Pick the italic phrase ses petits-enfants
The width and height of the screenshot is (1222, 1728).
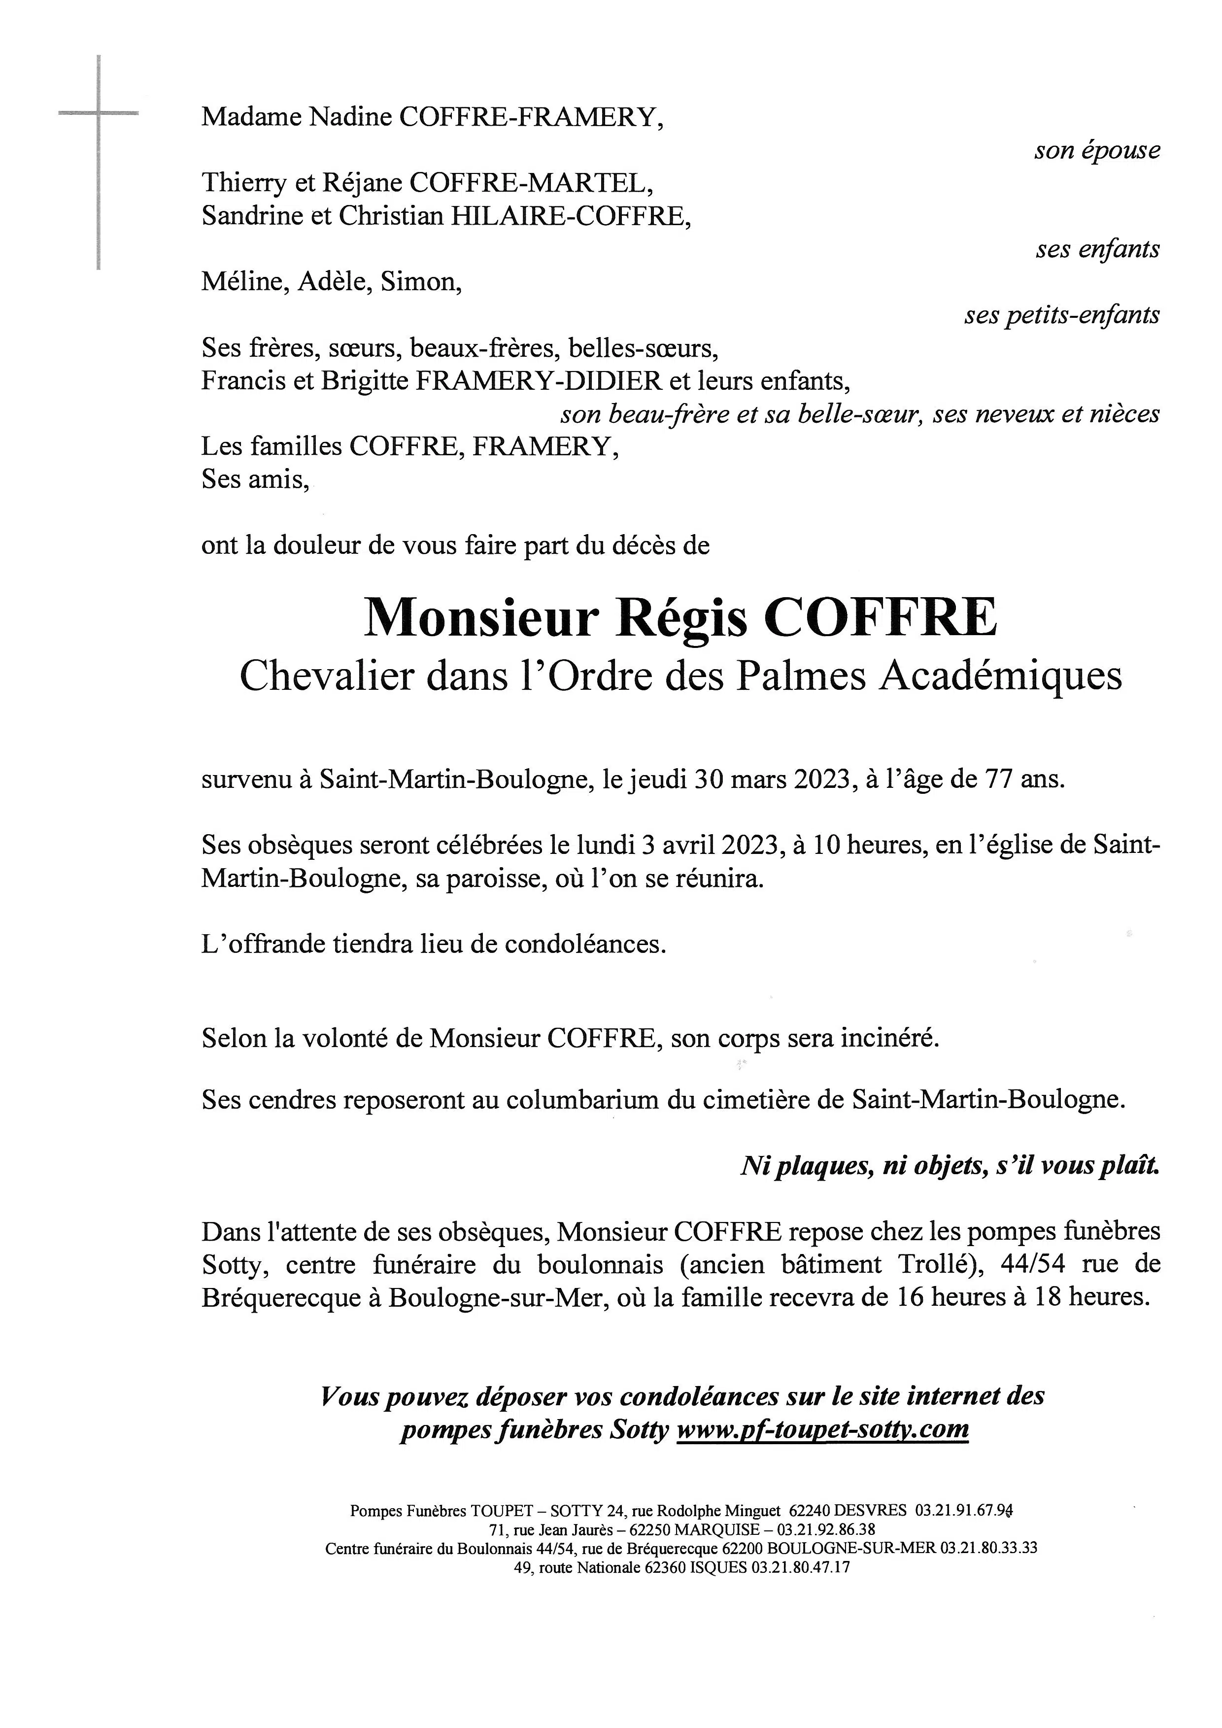tap(1062, 315)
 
